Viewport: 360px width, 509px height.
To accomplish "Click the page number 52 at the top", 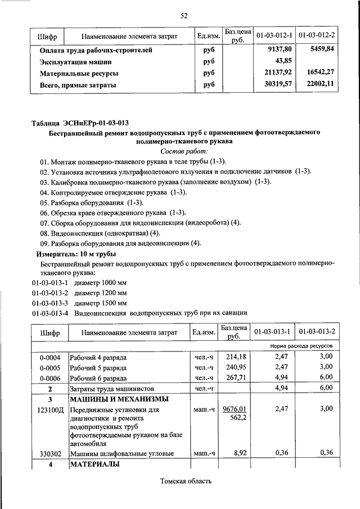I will coord(183,15).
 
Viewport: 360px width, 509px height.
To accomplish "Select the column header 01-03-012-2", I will coord(317,36).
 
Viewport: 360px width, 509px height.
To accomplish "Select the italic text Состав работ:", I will coord(184,151).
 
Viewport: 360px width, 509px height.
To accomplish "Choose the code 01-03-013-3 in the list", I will coord(51,303).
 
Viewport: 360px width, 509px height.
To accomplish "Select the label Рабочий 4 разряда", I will coord(98,357).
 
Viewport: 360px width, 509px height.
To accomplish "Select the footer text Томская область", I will coord(186,481).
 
